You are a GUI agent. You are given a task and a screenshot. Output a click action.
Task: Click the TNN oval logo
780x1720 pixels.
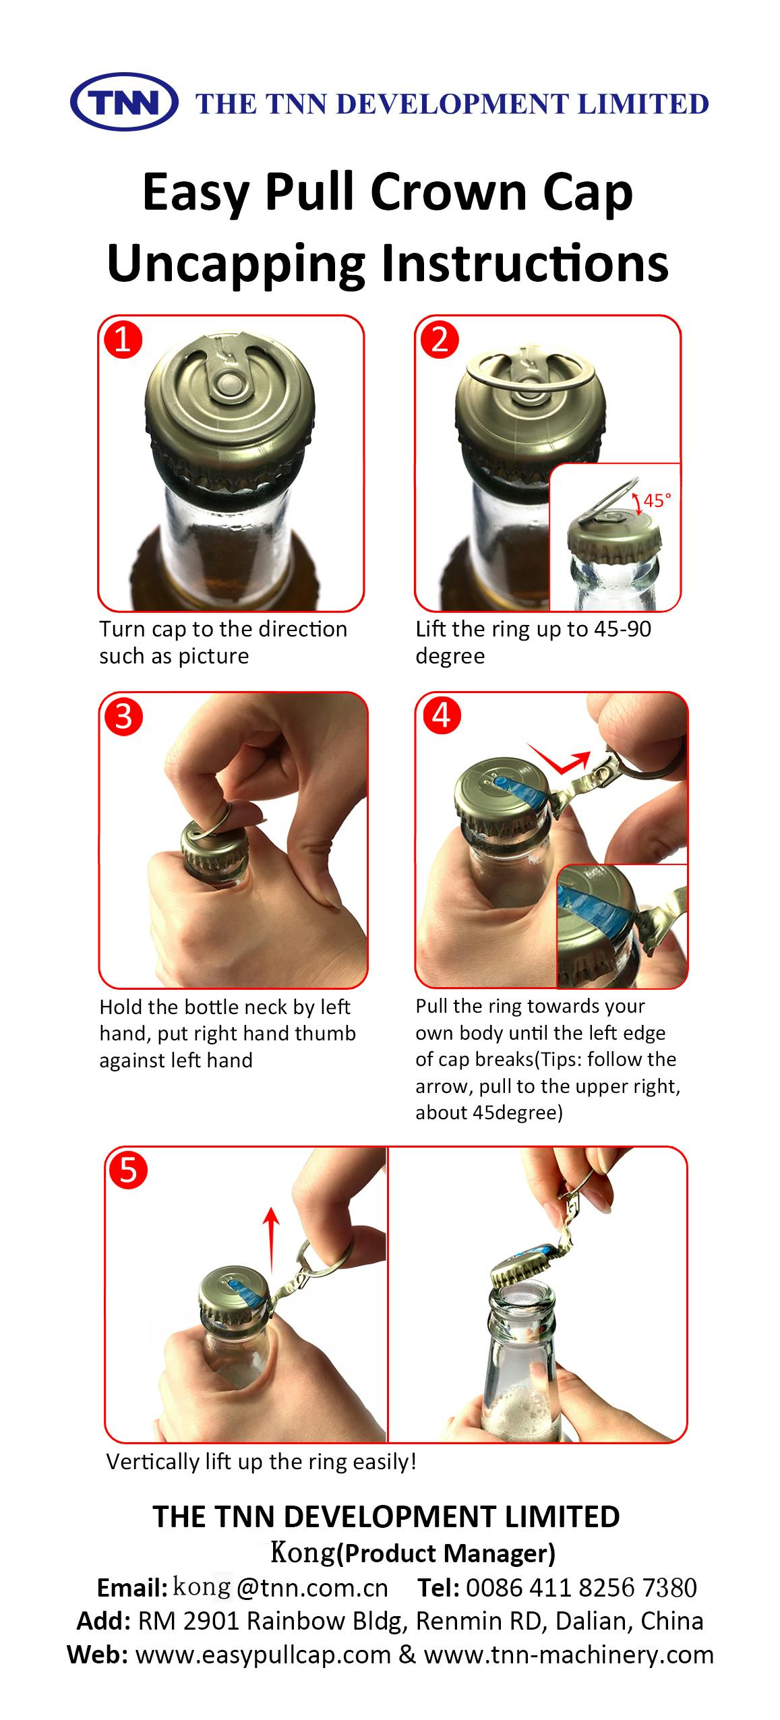(123, 102)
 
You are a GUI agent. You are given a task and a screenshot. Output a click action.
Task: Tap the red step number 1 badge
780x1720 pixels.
(123, 339)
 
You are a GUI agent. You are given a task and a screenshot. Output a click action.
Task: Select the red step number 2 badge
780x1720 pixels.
(439, 339)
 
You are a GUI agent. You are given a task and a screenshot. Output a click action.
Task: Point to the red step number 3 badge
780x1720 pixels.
(123, 717)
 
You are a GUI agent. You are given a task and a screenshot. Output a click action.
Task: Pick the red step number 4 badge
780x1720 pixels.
(441, 715)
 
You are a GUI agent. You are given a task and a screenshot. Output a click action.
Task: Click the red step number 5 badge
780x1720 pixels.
(128, 1170)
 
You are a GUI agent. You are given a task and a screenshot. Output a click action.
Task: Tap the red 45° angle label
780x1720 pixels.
(657, 500)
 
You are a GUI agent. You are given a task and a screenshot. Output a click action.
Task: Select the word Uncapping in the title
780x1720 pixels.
(236, 264)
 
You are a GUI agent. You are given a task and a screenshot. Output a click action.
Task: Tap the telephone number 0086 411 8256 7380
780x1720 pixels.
(581, 1588)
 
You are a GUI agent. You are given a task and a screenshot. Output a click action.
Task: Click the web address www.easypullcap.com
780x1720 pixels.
(264, 1655)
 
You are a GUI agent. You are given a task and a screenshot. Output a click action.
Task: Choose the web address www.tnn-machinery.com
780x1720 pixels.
(568, 1655)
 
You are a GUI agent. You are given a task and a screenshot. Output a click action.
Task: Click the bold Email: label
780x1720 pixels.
(132, 1589)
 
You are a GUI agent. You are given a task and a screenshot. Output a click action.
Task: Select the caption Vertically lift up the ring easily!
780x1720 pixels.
(261, 1462)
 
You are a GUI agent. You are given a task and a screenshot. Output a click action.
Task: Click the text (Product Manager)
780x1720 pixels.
(446, 1553)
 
